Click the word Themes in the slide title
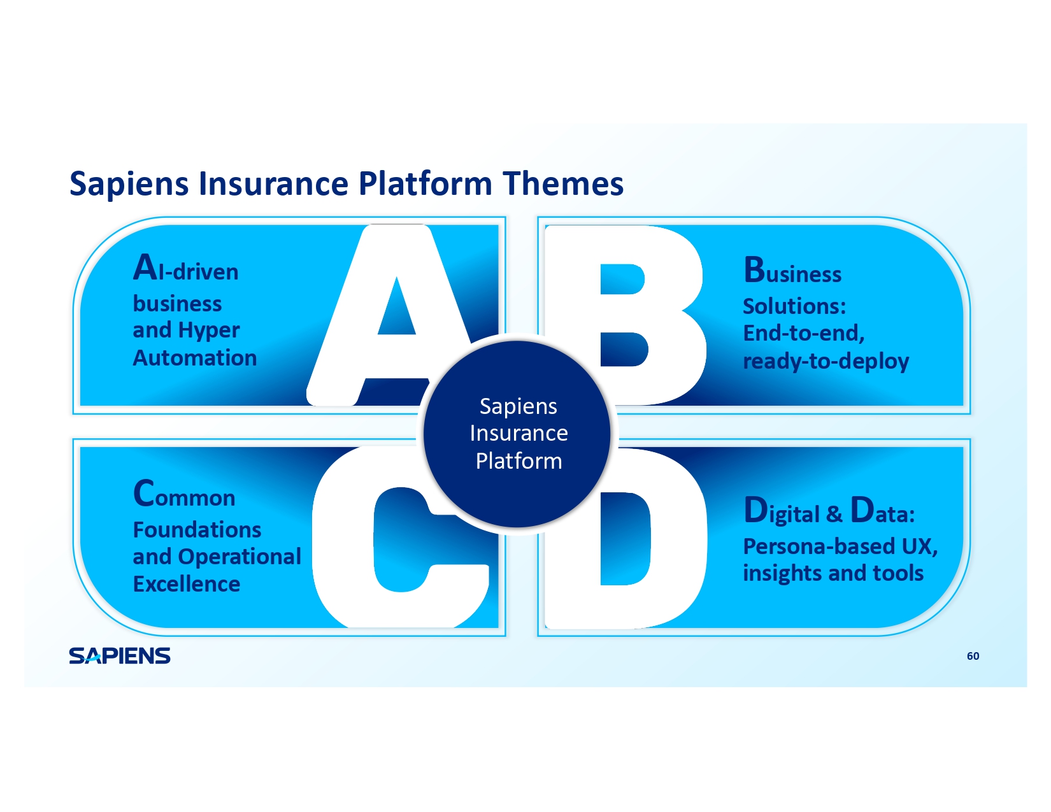(x=563, y=183)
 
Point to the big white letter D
(x=682, y=541)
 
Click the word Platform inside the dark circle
(x=518, y=460)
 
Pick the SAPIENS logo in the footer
(x=120, y=656)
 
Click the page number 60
(x=973, y=656)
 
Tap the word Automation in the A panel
(x=195, y=358)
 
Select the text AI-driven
(x=185, y=269)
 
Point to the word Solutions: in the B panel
(x=794, y=306)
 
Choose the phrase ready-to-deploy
(x=826, y=361)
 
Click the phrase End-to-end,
(x=804, y=333)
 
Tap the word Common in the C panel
(x=184, y=495)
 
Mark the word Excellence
(x=187, y=584)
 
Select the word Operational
(x=240, y=557)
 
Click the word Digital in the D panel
(x=782, y=512)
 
